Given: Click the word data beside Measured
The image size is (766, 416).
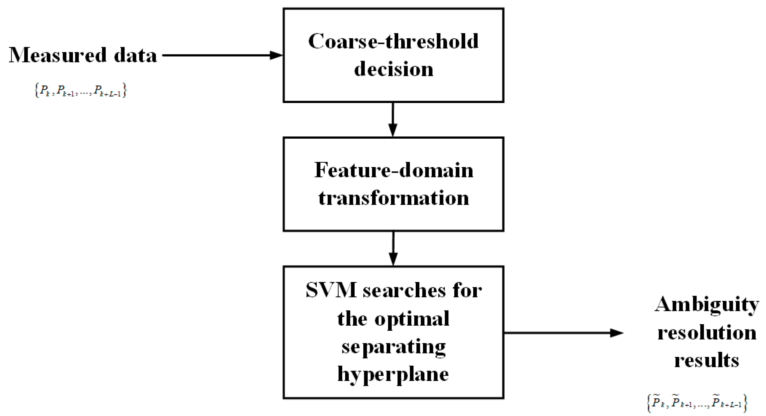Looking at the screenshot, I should tap(135, 55).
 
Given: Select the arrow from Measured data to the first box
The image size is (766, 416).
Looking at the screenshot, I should tap(221, 55).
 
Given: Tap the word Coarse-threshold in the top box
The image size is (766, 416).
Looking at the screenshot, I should tap(393, 41).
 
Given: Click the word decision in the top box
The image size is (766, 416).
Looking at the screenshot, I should tap(393, 69).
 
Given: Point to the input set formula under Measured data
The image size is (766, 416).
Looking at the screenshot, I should tap(80, 90).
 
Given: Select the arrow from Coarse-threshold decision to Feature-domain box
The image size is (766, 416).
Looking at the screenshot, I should tap(393, 120).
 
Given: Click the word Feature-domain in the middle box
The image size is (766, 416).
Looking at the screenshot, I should tap(393, 171).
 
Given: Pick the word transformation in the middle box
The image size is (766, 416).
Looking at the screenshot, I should tap(393, 198).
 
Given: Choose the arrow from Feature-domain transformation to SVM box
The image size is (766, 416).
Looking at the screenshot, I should tap(393, 248).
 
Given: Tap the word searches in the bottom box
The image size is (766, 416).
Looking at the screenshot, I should tap(404, 291).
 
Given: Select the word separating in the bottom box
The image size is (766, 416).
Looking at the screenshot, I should tap(393, 347).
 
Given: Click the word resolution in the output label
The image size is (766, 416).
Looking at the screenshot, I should tap(707, 333).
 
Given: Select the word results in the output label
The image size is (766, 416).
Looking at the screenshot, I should tap(707, 360).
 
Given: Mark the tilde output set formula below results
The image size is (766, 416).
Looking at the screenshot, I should tap(697, 403).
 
